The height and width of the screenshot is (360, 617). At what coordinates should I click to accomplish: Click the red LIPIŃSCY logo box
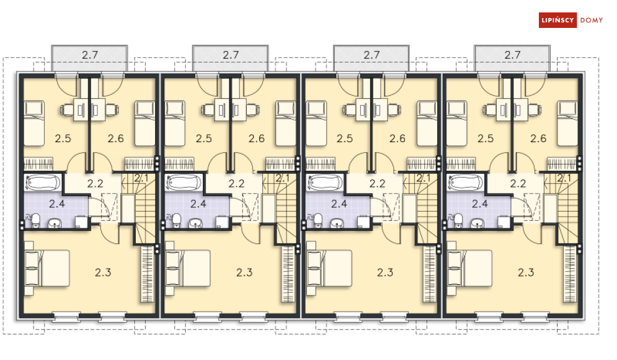click(x=557, y=20)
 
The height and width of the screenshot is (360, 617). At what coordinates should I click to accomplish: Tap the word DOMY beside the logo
click(x=592, y=20)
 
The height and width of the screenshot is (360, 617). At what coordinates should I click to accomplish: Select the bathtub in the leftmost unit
click(x=43, y=182)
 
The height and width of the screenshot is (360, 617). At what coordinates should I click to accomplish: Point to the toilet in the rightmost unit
click(x=458, y=220)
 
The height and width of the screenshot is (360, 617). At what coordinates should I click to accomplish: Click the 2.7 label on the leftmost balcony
click(x=90, y=55)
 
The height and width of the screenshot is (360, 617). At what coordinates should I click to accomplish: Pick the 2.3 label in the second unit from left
click(x=244, y=272)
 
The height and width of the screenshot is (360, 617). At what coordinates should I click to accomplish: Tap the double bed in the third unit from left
click(x=329, y=268)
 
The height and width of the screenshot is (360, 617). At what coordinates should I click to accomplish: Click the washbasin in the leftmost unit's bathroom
click(x=55, y=223)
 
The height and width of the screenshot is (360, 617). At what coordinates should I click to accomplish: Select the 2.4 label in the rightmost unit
click(x=480, y=204)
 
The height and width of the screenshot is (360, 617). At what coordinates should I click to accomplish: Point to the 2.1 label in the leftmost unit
click(x=141, y=178)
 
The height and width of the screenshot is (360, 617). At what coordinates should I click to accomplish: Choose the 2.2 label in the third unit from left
click(x=378, y=183)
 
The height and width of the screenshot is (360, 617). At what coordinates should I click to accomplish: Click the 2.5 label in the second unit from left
click(x=204, y=138)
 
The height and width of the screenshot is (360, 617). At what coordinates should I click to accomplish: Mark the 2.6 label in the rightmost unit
click(x=538, y=138)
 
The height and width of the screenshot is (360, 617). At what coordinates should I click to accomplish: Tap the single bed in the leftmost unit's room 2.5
click(x=34, y=124)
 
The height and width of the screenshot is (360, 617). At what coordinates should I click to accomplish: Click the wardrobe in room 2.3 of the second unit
click(x=288, y=274)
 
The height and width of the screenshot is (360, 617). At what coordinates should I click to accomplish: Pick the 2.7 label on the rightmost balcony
click(x=512, y=55)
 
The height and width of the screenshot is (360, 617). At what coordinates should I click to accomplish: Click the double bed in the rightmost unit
click(x=469, y=268)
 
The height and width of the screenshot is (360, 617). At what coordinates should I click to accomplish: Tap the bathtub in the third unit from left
click(x=325, y=182)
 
